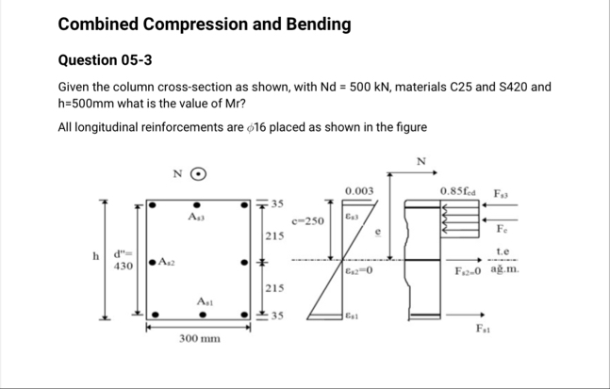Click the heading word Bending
(306, 23)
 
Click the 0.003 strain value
(359, 190)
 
